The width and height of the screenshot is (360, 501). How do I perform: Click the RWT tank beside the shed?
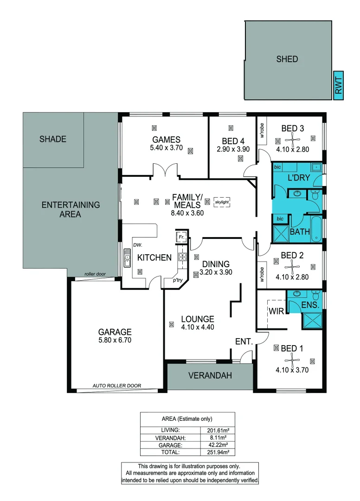tap(338, 85)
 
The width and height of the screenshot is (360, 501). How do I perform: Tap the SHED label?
tap(287, 59)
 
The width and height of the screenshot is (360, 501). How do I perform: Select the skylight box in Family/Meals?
tap(222, 202)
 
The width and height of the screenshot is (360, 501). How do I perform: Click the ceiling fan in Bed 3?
tap(292, 139)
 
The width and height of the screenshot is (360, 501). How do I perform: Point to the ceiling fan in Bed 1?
tap(292, 360)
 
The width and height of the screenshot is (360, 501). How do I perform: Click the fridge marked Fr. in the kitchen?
tap(181, 237)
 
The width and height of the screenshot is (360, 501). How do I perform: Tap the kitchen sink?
tap(127, 258)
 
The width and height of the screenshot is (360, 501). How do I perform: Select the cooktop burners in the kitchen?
tap(182, 257)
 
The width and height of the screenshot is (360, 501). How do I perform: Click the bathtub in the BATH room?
tap(316, 229)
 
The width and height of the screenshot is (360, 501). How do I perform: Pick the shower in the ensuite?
tap(312, 321)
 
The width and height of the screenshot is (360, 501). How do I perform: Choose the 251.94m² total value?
tap(218, 452)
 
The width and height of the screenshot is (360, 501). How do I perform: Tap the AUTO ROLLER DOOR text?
tap(116, 385)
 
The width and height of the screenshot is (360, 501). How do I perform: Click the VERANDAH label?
tap(210, 375)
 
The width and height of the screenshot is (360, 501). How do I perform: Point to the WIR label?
tap(276, 311)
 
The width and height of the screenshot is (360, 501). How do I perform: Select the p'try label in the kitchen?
tap(178, 280)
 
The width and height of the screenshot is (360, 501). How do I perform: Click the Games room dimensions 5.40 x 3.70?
tap(166, 148)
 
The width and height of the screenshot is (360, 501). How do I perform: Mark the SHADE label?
tap(53, 139)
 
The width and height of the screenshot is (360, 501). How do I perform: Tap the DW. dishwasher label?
tap(138, 245)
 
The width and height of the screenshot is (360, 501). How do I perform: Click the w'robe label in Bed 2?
tap(262, 275)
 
